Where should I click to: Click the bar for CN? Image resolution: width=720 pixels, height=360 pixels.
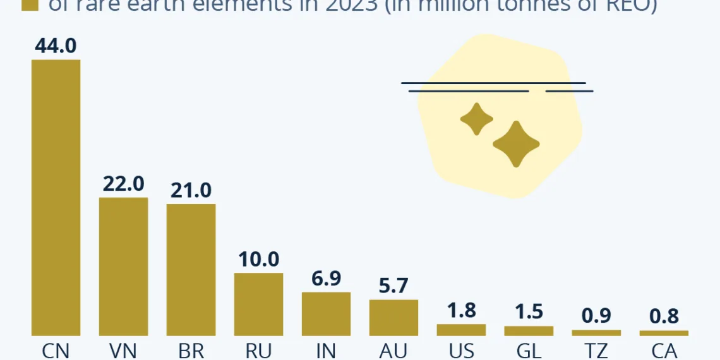[x=56, y=197]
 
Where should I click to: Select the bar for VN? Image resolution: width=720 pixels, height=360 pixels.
[x=124, y=266]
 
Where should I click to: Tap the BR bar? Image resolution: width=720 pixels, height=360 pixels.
[x=191, y=269]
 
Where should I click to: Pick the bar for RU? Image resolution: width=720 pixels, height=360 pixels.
[x=259, y=304]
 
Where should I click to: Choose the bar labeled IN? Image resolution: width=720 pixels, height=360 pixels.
[x=326, y=313]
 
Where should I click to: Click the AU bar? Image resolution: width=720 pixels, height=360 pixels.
[x=393, y=317]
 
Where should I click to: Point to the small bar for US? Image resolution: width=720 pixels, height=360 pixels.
[x=461, y=330]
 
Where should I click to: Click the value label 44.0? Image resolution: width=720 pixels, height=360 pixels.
[x=56, y=46]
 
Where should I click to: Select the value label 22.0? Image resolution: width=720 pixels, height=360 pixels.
[x=124, y=184]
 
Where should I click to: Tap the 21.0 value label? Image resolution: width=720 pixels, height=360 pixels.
[x=191, y=190]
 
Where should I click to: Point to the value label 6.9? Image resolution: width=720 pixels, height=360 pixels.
[x=326, y=279]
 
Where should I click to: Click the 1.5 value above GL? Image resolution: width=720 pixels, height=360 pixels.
[x=529, y=312]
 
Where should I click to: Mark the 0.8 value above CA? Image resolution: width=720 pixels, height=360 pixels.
[x=664, y=316]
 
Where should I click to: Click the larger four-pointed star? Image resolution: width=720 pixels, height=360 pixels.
[x=516, y=144]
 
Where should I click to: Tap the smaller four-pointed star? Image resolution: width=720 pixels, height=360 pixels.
[x=476, y=119]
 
